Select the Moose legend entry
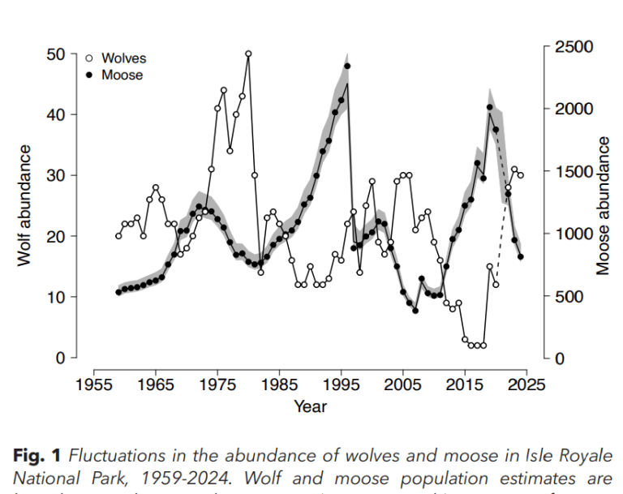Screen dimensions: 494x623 pos(122,75)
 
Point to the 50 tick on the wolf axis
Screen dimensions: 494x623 pos(56,54)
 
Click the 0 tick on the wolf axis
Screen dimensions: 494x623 pos(61,358)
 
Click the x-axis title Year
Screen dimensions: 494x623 pos(310,406)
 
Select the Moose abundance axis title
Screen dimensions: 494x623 pos(603,205)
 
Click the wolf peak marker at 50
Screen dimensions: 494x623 pos(248,54)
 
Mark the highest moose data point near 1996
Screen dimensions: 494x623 pos(347,66)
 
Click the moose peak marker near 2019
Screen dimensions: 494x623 pos(490,107)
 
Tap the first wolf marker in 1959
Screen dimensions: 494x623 pos(118,236)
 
